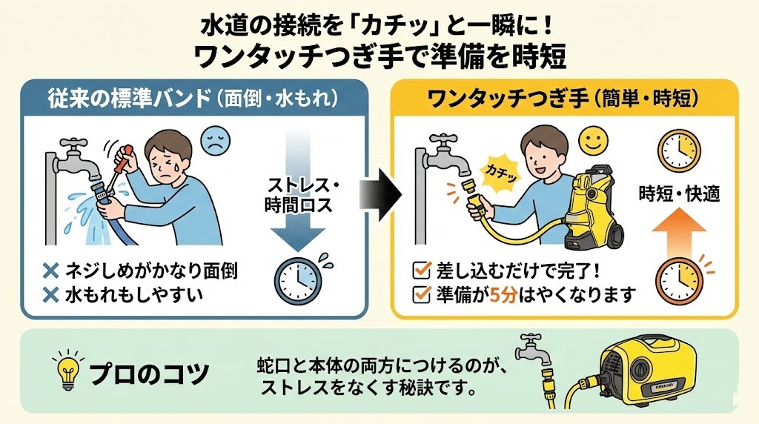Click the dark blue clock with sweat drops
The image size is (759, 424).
[x=297, y=279]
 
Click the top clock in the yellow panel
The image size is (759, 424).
[x=679, y=151]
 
